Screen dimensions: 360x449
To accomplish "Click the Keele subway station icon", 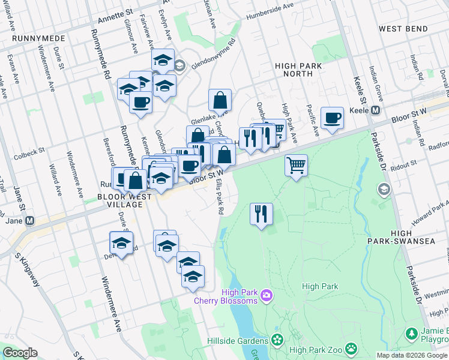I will (x=376, y=110).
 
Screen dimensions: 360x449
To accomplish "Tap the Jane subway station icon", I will (x=29, y=221).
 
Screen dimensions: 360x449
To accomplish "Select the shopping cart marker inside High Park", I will (x=296, y=164).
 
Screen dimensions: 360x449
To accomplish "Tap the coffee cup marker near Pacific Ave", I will (x=331, y=118).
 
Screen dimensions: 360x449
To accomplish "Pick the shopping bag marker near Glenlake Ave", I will (x=220, y=100).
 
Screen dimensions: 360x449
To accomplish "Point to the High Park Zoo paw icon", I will (x=351, y=347).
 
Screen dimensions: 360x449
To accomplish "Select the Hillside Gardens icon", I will (x=277, y=340).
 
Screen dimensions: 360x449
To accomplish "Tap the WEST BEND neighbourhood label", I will (x=403, y=29).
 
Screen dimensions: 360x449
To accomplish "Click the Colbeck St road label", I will (x=30, y=154).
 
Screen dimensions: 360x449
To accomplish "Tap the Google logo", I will (x=20, y=353).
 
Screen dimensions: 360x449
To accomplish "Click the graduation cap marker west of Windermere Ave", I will (x=121, y=243).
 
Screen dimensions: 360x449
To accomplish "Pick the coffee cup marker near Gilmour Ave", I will (x=140, y=101).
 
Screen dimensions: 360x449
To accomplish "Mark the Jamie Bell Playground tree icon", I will (x=412, y=332).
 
